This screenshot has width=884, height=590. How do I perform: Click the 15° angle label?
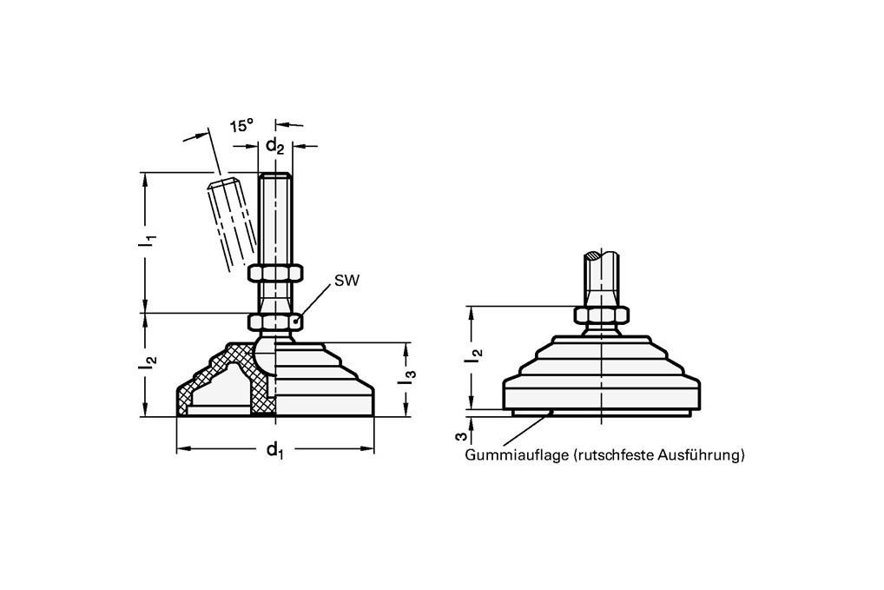pyautogui.click(x=242, y=125)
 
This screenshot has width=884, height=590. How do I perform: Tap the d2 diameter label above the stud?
pyautogui.click(x=275, y=147)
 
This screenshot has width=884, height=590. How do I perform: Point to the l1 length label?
pyautogui.click(x=148, y=241)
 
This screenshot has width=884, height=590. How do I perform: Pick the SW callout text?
pyautogui.click(x=346, y=281)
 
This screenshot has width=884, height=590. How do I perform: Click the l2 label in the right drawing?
pyautogui.click(x=476, y=355)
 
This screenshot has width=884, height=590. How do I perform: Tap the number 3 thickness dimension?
pyautogui.click(x=460, y=436)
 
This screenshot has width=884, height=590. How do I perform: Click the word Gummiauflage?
pyautogui.click(x=517, y=455)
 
